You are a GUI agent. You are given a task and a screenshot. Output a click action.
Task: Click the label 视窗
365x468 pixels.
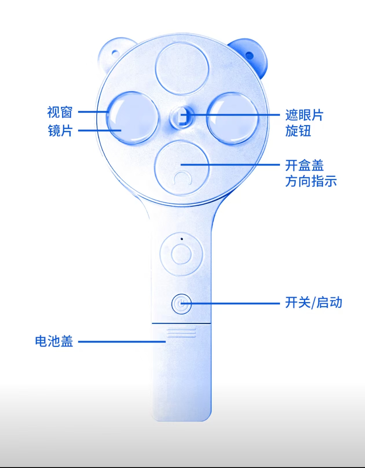point(60,112)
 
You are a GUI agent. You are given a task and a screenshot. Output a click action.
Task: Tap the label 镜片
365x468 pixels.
point(60,130)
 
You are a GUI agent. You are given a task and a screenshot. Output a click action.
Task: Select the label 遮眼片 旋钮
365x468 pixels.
point(304,123)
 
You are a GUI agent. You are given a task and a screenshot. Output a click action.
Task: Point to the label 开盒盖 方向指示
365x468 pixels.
point(311,173)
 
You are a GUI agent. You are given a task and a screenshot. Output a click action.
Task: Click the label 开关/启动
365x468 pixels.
point(313,303)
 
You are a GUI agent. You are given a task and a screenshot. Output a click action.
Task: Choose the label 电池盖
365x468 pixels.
point(54,341)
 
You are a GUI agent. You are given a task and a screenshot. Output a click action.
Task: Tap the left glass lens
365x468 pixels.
point(133,118)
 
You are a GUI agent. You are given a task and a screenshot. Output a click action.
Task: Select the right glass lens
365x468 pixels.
point(233,118)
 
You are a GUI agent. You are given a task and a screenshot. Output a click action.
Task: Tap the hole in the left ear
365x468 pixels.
point(115,53)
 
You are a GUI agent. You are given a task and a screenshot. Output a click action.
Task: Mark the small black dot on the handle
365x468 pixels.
point(182,239)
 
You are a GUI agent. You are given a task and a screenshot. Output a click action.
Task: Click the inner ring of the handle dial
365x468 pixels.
point(181,254)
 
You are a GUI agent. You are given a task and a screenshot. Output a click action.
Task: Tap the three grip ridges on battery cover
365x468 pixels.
point(181,332)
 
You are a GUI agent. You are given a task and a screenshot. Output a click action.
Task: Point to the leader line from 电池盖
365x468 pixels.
point(122,341)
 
